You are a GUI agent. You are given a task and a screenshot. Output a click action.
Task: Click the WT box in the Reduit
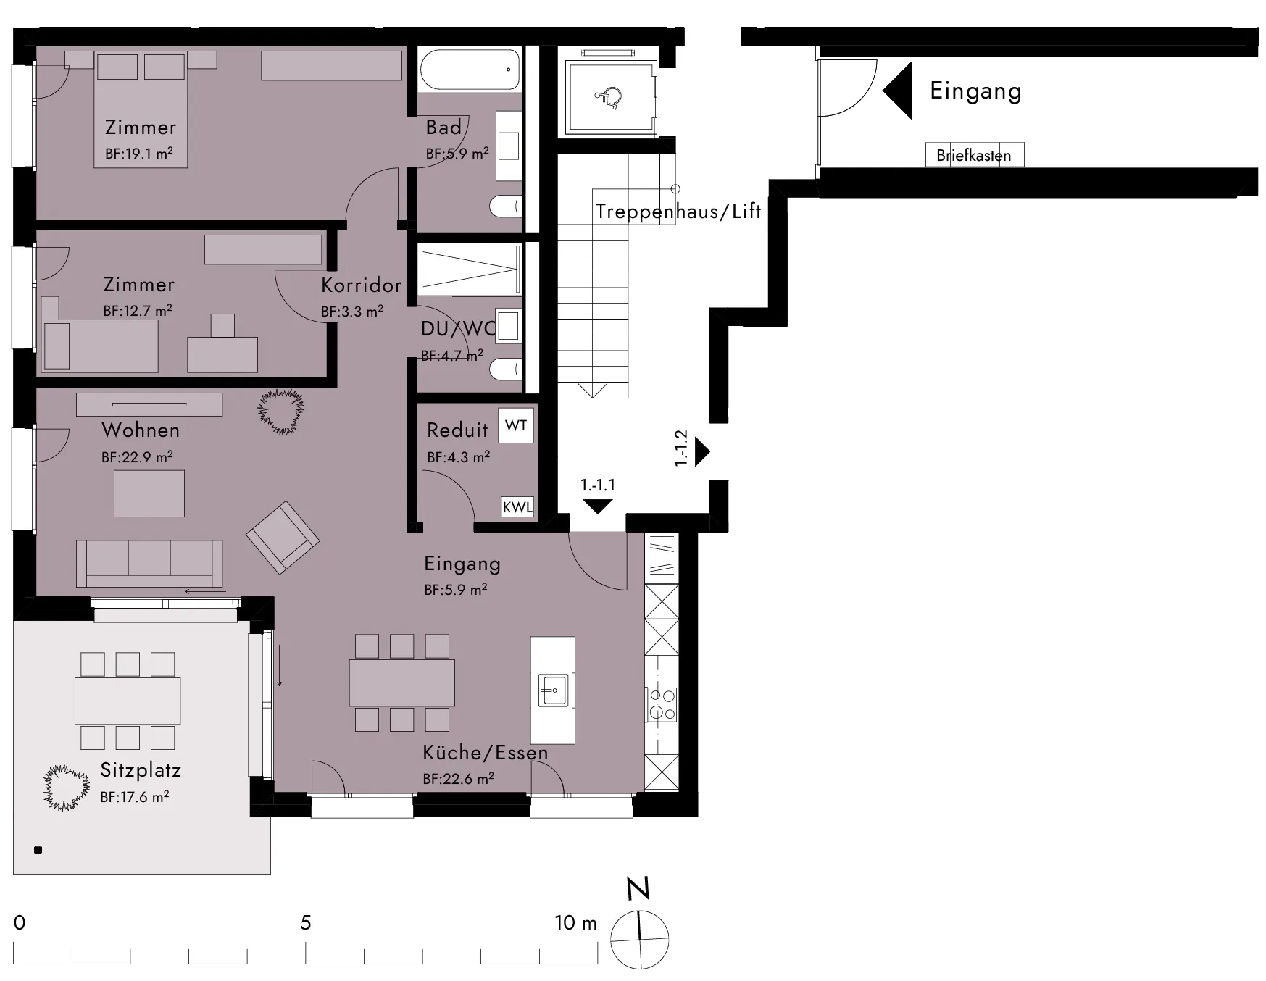516,425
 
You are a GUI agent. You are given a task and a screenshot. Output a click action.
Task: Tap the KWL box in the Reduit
517,506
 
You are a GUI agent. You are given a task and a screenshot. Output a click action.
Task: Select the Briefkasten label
973,155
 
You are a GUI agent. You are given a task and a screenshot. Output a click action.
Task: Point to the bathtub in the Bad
470,70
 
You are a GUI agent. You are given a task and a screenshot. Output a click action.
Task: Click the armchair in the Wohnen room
283,538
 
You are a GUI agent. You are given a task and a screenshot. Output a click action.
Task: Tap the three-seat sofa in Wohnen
149,563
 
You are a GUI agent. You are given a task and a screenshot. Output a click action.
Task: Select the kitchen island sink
553,690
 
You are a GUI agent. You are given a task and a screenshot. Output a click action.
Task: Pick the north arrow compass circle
639,939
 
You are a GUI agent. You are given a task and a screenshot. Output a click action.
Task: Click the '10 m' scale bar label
576,922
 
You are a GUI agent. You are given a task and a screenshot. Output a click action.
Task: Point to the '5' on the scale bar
306,922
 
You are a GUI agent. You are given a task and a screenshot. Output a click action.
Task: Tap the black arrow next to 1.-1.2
702,451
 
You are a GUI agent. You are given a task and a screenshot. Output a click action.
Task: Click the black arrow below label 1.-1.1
597,506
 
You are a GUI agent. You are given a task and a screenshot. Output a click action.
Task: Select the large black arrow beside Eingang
897,91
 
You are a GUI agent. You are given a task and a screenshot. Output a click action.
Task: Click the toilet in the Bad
506,206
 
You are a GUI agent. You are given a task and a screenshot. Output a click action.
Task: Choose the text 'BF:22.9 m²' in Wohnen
137,457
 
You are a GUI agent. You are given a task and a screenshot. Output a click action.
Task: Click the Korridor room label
361,285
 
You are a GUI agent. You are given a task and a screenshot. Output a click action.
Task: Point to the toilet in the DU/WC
506,370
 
